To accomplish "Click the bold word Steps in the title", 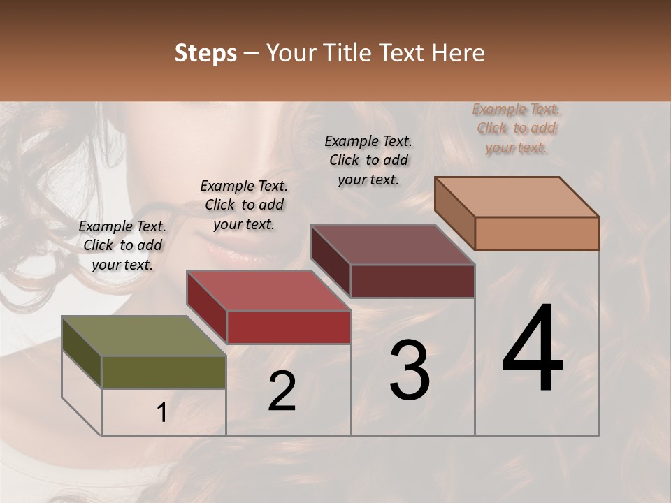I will point(205,53).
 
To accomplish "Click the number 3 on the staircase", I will point(410,370).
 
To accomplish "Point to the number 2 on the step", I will point(282,391).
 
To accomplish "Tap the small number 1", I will point(162,413).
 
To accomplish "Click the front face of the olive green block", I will point(164,372).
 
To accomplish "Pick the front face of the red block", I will point(288,327).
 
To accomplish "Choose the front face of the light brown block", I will point(537,233).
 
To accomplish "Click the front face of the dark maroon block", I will point(412,281).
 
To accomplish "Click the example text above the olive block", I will point(122,245).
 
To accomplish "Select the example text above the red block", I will point(244,205).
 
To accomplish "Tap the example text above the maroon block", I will point(368,160).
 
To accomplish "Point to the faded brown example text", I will point(517,128).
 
